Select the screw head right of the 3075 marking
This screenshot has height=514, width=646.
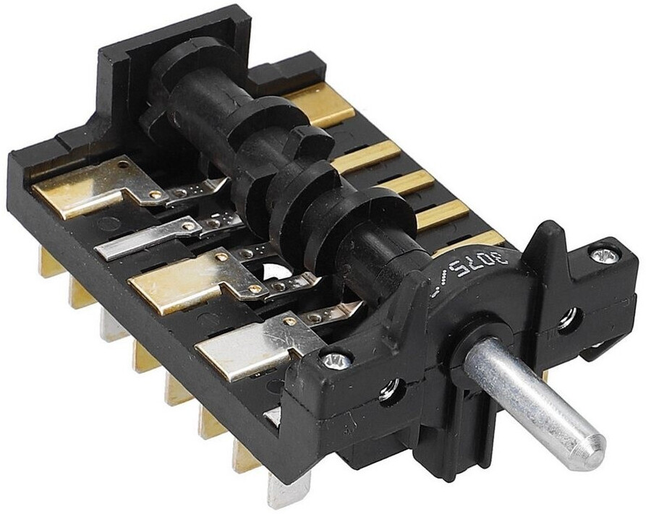[604, 253]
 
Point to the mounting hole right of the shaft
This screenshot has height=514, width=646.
[566, 317]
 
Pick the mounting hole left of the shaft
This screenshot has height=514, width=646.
[388, 391]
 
